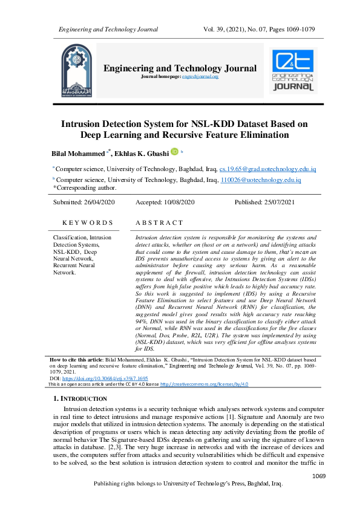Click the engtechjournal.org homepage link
201,77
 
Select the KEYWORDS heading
88,223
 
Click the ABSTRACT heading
159,223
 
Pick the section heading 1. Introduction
80,399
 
